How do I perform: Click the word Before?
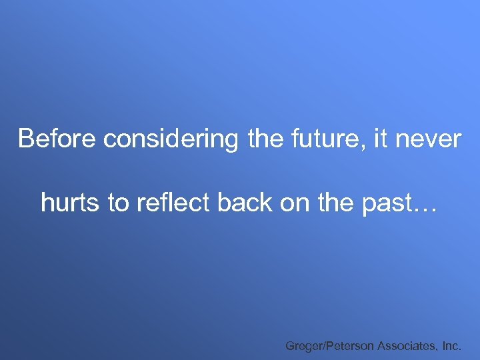click(x=58, y=139)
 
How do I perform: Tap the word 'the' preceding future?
click(x=269, y=139)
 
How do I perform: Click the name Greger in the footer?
click(x=303, y=346)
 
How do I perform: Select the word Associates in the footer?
click(x=407, y=345)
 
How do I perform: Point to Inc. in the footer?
click(x=452, y=345)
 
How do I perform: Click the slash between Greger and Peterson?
click(x=323, y=345)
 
